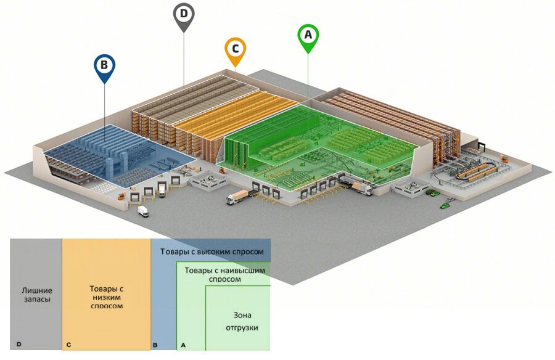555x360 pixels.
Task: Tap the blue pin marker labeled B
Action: click(x=104, y=67)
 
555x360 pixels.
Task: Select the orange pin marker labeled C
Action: click(x=236, y=51)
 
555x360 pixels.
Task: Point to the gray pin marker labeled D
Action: click(x=184, y=16)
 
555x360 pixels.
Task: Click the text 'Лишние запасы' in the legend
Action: click(x=37, y=295)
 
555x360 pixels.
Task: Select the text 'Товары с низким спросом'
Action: click(x=107, y=297)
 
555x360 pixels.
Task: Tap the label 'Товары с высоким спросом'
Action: click(x=212, y=252)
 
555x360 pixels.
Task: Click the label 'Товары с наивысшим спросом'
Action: click(x=224, y=275)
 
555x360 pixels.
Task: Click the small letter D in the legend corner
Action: click(x=19, y=344)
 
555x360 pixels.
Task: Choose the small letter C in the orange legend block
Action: click(x=68, y=345)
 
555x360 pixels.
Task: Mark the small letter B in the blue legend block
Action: click(x=155, y=345)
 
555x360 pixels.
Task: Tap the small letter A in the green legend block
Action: click(x=183, y=345)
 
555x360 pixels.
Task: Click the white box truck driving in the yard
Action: click(x=143, y=211)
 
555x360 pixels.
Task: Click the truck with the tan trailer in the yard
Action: click(x=239, y=197)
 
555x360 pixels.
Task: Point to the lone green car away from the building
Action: click(x=445, y=205)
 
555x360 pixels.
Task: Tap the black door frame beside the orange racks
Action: click(x=482, y=146)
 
